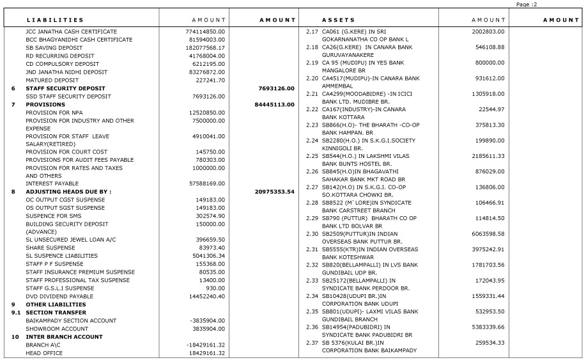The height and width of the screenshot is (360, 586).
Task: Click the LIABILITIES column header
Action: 54,20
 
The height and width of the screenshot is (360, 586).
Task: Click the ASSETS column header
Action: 338,20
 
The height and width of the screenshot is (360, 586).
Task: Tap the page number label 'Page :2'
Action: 527,4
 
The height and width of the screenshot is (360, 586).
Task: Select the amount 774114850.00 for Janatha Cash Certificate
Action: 206,31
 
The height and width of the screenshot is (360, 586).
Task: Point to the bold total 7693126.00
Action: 276,88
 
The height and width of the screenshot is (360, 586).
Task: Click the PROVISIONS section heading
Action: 45,104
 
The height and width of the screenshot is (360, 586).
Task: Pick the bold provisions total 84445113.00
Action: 274,104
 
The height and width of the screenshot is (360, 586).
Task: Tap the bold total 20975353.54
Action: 274,192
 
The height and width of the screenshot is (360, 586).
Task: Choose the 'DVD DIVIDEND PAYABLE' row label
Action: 59,297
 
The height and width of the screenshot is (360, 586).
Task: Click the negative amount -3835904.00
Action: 208,320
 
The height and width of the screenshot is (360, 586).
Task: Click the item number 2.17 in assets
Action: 312,31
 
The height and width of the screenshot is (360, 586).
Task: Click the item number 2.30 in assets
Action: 312,234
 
